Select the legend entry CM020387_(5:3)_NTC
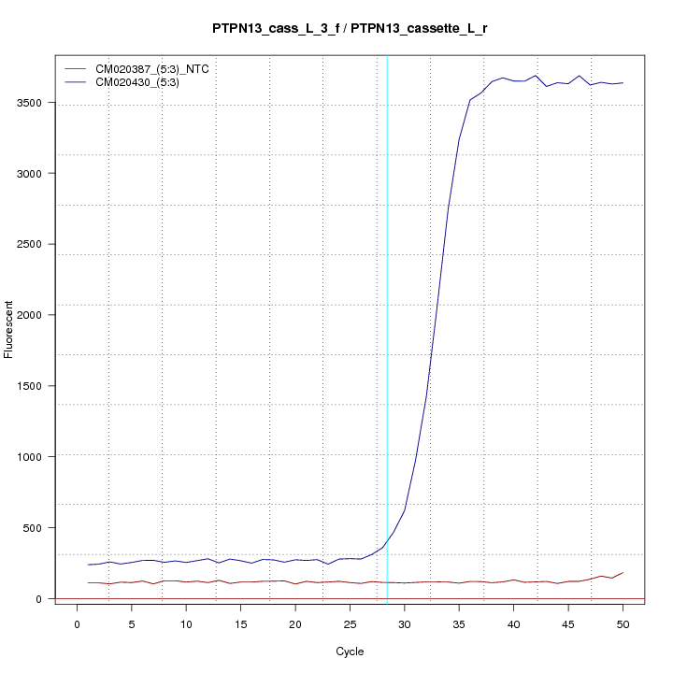click(x=159, y=69)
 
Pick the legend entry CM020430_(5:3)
click(x=144, y=82)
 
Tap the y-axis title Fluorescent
click(x=10, y=329)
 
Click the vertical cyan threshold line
click(x=387, y=327)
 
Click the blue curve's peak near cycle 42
click(x=536, y=76)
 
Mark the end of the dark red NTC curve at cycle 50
click(x=623, y=572)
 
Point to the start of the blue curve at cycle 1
click(x=89, y=565)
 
